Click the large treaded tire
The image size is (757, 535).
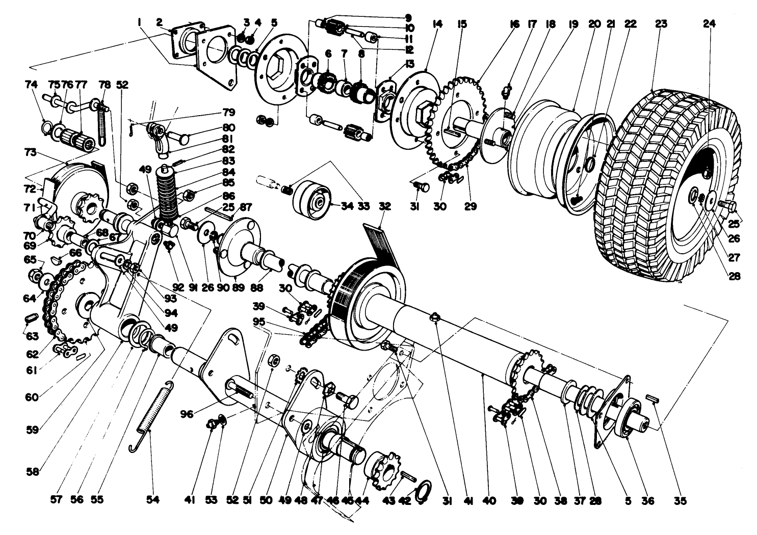pyautogui.click(x=663, y=183)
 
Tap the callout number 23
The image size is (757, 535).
pyautogui.click(x=661, y=23)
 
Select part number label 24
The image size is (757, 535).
pyautogui.click(x=709, y=23)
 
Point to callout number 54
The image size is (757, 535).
pyautogui.click(x=153, y=501)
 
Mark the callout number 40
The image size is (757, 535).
pyautogui.click(x=489, y=501)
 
